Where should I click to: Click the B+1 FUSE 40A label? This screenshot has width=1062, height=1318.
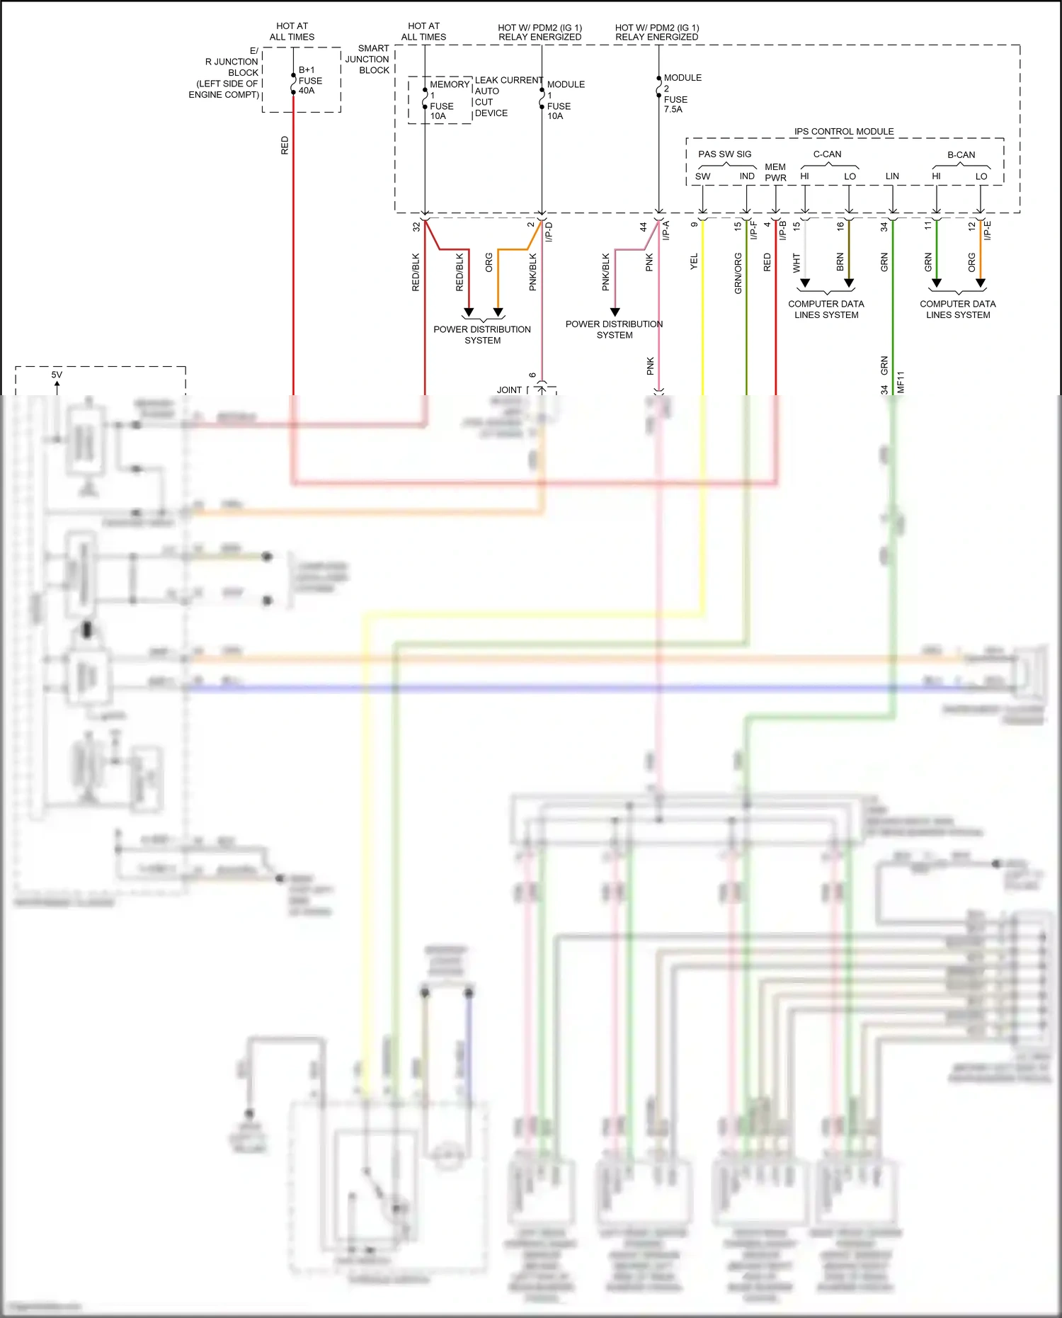pos(309,80)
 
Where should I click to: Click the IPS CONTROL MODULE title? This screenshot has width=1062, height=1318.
pos(843,131)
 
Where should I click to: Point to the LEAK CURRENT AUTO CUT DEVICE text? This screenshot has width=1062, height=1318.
pos(508,96)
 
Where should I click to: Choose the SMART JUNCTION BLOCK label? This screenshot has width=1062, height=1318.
pos(367,59)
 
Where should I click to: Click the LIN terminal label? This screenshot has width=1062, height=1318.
pos(892,176)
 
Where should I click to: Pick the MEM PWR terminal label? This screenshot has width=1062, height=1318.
pos(775,172)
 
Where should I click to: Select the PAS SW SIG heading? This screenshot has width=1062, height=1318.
pos(724,154)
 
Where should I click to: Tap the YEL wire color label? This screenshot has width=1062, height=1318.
pos(694,261)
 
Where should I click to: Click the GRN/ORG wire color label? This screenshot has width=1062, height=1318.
pos(738,273)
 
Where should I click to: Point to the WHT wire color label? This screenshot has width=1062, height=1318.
pos(796,263)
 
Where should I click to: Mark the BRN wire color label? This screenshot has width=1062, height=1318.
pos(840,262)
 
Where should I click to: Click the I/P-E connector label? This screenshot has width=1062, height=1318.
pos(988,230)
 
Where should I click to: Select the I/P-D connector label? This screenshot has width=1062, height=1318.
pos(549,232)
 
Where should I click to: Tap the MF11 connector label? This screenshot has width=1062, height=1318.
pos(901,382)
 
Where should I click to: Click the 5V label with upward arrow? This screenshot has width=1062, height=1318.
pos(57,375)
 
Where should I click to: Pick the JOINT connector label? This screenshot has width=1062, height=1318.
pos(509,390)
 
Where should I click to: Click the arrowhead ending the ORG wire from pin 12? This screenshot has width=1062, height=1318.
pos(981,283)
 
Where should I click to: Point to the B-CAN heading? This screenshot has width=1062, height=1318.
pos(961,154)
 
